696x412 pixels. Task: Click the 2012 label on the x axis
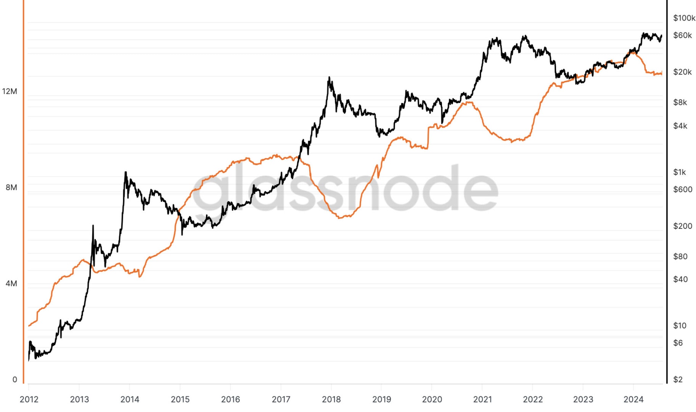pos(29,399)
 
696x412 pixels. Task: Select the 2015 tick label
pos(180,399)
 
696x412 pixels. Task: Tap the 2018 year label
pos(331,399)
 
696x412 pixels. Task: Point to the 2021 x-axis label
pos(482,399)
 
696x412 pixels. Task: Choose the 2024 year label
pos(633,399)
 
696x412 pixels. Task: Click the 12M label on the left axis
pos(10,91)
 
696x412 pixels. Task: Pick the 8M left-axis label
pos(11,187)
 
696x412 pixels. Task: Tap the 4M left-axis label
pos(11,283)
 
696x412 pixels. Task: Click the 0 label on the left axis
pos(15,380)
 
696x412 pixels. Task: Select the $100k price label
pos(684,18)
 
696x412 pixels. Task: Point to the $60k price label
pos(682,35)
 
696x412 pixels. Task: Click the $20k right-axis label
pos(682,72)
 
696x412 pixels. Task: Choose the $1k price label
pos(679,172)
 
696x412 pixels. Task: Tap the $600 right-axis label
pos(682,189)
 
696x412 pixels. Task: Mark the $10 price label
pos(680,325)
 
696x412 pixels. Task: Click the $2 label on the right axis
pos(678,379)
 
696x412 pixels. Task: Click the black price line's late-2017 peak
pos(329,77)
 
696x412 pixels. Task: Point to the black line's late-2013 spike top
pos(125,172)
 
